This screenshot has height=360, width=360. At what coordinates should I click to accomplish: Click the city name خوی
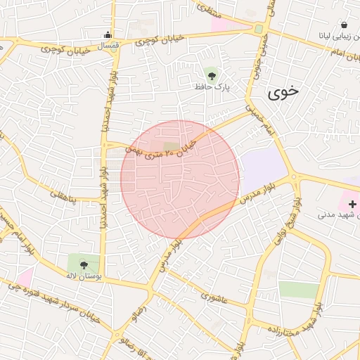(283, 91)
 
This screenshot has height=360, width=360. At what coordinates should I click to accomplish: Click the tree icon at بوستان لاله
(84, 265)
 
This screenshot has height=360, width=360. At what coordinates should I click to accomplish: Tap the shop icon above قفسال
(108, 34)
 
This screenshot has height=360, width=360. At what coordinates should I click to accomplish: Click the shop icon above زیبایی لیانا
(343, 25)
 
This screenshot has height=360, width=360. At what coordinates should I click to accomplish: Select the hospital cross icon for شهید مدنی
(352, 204)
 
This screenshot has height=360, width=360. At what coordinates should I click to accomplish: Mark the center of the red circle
(180, 179)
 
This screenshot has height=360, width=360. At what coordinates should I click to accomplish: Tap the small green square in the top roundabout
(259, 29)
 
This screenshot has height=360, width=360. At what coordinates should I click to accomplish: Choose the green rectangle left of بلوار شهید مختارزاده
(299, 290)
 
